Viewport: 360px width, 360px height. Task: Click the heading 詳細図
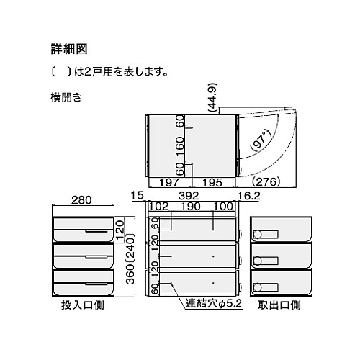69,49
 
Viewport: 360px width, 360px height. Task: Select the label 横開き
66,97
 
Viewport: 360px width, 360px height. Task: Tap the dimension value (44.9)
212,97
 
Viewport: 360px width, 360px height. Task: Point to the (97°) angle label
260,141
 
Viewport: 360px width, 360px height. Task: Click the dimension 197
168,183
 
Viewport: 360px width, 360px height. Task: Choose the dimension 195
212,183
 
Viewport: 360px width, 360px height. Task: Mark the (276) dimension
266,182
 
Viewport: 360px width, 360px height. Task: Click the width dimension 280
81,200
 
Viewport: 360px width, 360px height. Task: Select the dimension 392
189,196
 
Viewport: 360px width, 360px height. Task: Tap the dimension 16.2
249,196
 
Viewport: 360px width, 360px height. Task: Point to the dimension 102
159,207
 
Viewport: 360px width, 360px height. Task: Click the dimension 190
191,207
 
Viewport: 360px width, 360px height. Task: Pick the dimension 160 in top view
180,146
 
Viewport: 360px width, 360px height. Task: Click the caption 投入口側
83,305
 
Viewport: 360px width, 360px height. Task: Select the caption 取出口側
279,305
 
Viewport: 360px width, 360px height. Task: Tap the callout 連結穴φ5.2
214,304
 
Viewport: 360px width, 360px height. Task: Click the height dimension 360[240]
130,261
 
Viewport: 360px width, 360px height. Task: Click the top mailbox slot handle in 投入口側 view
96,231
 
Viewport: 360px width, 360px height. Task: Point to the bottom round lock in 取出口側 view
258,287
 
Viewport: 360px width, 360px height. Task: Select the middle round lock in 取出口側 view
258,261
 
